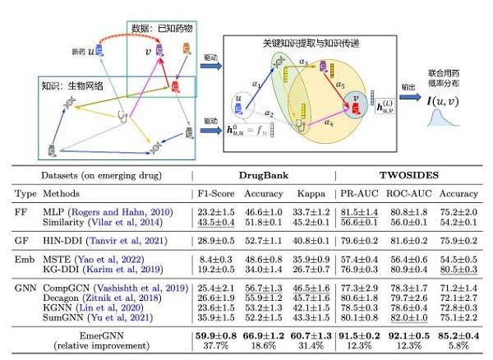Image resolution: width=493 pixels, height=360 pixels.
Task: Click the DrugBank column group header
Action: click(262, 175)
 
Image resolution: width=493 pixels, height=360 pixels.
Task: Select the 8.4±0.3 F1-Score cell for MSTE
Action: click(213, 260)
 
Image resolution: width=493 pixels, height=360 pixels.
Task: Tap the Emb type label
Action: click(25, 260)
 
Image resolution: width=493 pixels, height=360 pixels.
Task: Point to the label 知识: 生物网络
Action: click(67, 85)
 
